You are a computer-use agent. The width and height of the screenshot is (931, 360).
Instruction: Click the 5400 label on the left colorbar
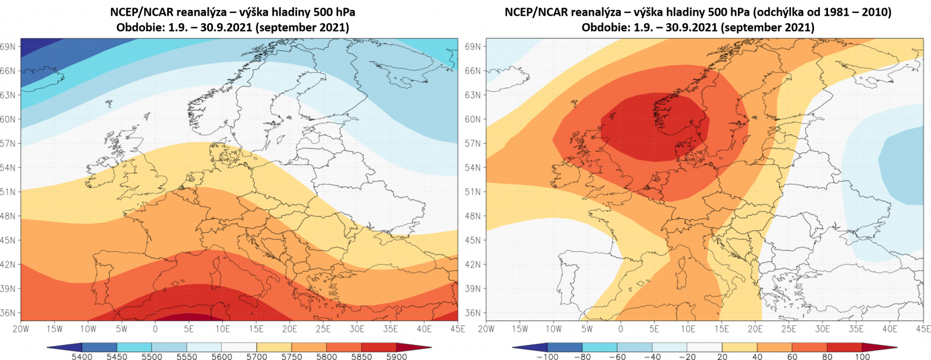(x=82, y=356)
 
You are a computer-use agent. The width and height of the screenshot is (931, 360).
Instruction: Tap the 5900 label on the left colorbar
(x=396, y=356)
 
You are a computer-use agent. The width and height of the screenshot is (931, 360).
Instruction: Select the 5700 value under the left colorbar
(x=257, y=356)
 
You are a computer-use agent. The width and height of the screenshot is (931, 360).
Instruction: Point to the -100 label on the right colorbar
(x=546, y=356)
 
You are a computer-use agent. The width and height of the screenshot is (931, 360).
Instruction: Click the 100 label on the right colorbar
(x=862, y=356)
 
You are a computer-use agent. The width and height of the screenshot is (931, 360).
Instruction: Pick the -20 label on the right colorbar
(x=687, y=356)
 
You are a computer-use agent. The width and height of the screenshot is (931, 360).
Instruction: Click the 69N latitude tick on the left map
(x=8, y=47)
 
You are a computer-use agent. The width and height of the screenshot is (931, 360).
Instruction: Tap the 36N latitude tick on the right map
(x=473, y=313)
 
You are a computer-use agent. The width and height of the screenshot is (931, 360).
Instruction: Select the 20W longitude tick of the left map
(x=21, y=329)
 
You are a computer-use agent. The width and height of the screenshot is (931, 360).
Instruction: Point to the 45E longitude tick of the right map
(x=923, y=329)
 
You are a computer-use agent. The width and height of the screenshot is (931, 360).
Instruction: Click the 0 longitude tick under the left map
(x=155, y=329)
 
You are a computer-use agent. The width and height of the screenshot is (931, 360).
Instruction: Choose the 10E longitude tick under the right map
(x=688, y=329)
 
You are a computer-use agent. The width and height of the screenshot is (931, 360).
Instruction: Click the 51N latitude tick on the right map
(x=473, y=192)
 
